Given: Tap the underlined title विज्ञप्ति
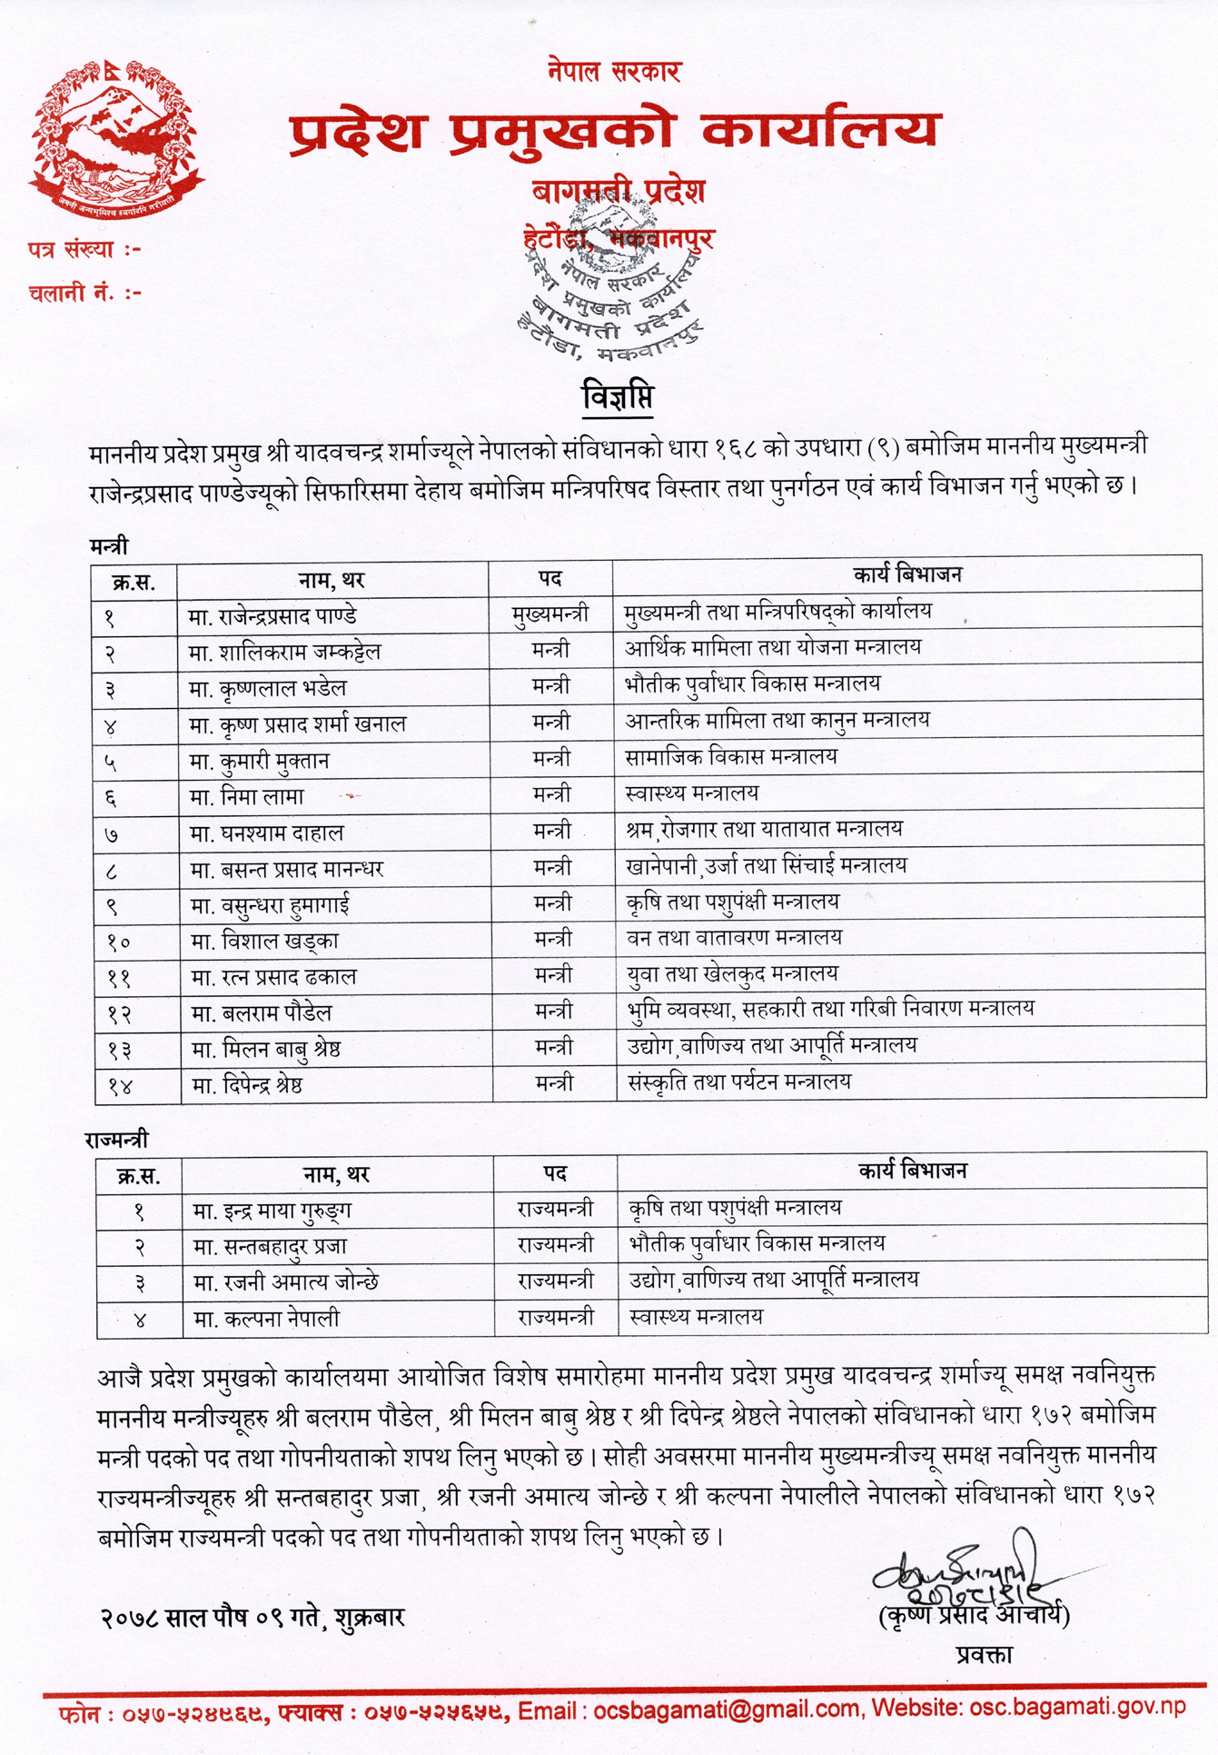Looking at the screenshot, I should (618, 397).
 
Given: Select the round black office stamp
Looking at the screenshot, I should (613, 282).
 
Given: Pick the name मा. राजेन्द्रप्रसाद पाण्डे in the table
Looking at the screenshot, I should (272, 616).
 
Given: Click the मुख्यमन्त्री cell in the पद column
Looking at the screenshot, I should (550, 615).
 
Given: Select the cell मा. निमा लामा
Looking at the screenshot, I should (246, 797).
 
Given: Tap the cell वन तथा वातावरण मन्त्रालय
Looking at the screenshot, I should (734, 937).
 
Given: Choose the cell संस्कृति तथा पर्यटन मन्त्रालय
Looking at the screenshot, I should (738, 1082).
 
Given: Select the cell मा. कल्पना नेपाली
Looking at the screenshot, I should (266, 1319).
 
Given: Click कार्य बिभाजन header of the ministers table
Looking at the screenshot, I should (906, 574).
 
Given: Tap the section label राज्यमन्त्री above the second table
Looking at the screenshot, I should (116, 1140).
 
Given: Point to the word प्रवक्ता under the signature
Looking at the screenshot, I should (984, 1654).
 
